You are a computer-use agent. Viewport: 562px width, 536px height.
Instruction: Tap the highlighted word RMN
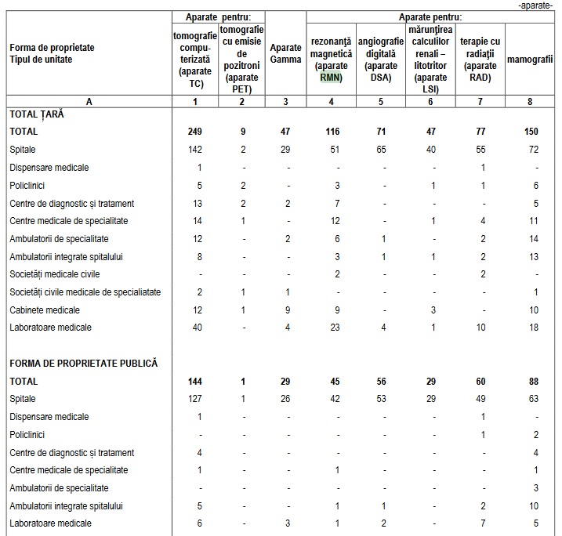pos(331,77)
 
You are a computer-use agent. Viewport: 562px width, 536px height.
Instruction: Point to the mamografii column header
pos(530,60)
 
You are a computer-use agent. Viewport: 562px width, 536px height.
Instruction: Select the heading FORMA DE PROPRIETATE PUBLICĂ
pos(84,364)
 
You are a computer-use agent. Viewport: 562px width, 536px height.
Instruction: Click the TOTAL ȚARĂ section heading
pos(36,114)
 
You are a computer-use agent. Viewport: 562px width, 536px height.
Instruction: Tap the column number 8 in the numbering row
pos(531,100)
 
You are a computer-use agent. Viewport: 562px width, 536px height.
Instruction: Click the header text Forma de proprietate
pos(52,48)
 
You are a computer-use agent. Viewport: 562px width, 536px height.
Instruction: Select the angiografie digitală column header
pos(381,53)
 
